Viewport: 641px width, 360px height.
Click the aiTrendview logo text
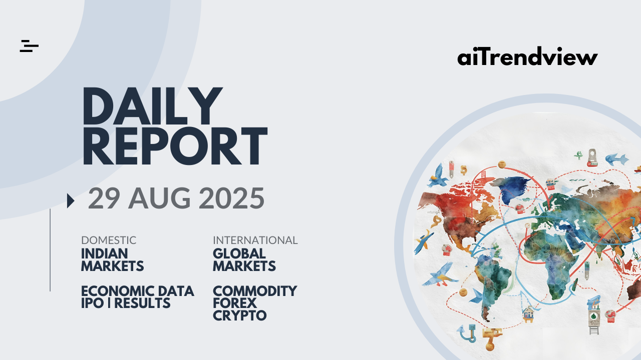[x=527, y=56]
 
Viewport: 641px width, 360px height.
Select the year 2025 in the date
[x=231, y=198]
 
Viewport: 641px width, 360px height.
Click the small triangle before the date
[x=71, y=200]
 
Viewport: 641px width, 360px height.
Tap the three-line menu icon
[x=29, y=46]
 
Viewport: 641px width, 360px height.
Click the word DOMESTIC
[x=109, y=240]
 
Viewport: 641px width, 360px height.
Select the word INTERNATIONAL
[x=255, y=240]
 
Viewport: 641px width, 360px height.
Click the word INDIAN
[x=105, y=253]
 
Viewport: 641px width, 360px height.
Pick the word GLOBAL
[x=239, y=253]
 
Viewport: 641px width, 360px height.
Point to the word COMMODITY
[x=255, y=291]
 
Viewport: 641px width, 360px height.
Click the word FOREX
[x=235, y=303]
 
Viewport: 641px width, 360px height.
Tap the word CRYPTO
[x=240, y=315]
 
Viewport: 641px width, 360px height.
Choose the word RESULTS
[x=142, y=303]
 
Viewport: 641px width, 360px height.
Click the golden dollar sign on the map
[x=464, y=170]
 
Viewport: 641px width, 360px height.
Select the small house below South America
[x=528, y=314]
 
